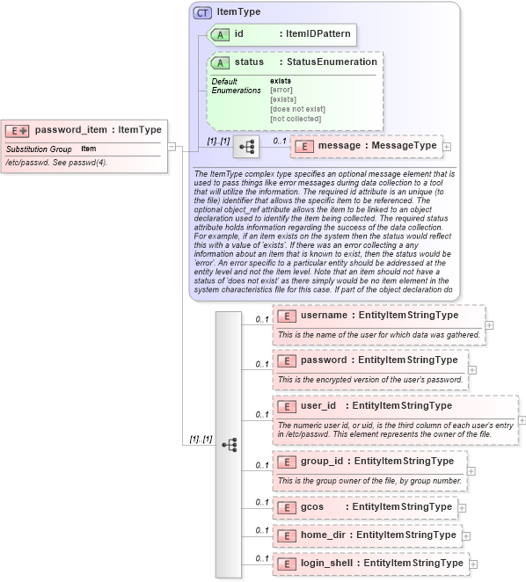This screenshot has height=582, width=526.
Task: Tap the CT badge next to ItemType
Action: coord(202,13)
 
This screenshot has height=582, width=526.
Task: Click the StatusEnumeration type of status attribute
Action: coord(332,62)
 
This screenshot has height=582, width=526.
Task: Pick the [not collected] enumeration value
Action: coord(296,117)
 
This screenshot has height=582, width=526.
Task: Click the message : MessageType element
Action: coord(365,145)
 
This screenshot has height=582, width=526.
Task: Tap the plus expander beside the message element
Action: coord(447,146)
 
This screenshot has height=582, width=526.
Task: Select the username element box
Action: coord(378,315)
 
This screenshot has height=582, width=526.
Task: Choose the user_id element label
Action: coord(318,405)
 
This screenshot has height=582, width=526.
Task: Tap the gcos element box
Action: coord(365,507)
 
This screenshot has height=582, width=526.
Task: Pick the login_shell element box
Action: coord(370,563)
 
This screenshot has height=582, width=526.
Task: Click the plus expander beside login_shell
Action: coord(474,564)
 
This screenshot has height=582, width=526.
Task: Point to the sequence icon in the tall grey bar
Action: coord(229,445)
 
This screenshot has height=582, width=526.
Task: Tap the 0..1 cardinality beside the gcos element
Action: coord(261,502)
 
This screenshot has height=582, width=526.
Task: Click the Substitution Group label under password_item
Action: coord(39,149)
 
